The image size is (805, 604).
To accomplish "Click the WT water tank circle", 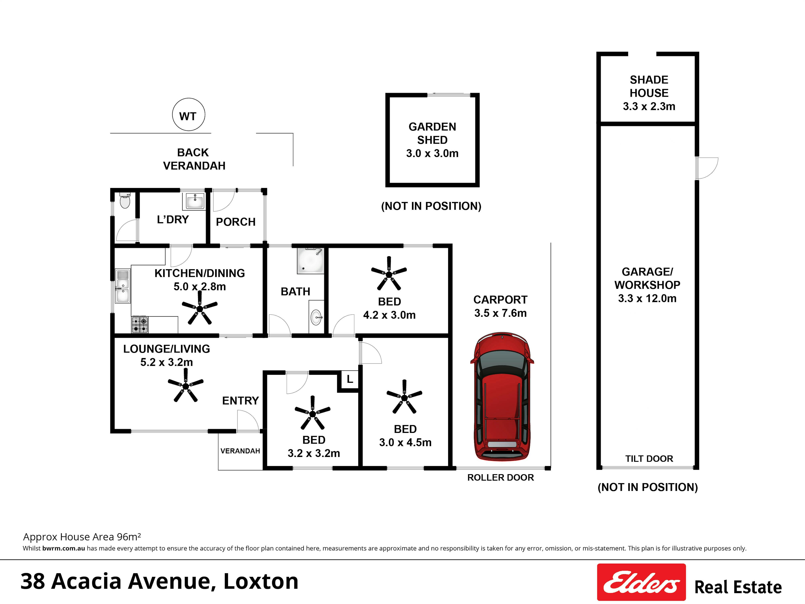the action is pyautogui.click(x=189, y=115).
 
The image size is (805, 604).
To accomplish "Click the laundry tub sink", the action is pyautogui.click(x=195, y=200).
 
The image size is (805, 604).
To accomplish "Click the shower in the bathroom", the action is pyautogui.click(x=310, y=260).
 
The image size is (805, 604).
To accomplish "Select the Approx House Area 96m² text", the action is pyautogui.click(x=82, y=537).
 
